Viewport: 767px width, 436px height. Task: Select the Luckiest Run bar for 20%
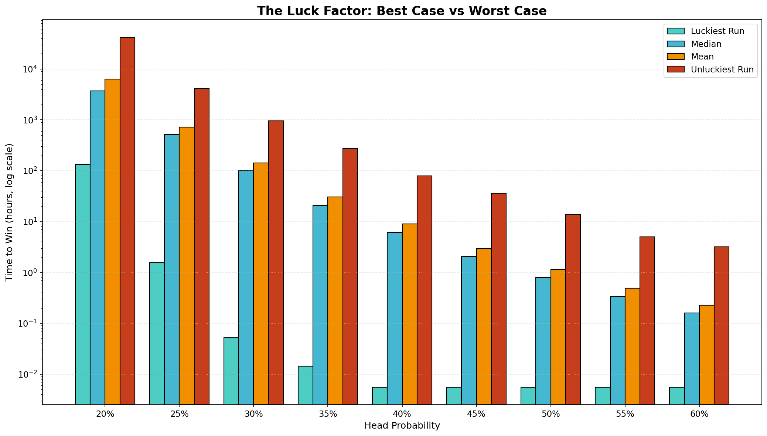[83, 284]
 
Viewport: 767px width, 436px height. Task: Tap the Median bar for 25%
[172, 269]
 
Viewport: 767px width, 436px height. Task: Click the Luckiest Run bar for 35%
[306, 385]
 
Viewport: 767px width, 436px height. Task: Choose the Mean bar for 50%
[558, 337]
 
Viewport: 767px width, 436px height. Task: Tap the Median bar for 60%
[692, 358]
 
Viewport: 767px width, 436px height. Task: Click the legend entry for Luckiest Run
[717, 31]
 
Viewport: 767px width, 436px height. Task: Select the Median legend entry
[706, 44]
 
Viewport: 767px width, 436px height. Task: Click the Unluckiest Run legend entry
[722, 69]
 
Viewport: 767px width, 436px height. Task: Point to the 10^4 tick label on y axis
[30, 69]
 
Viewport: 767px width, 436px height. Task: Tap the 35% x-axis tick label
[328, 414]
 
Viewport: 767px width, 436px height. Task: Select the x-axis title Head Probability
[402, 426]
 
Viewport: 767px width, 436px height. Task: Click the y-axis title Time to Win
[10, 212]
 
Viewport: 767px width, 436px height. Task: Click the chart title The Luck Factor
[402, 11]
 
